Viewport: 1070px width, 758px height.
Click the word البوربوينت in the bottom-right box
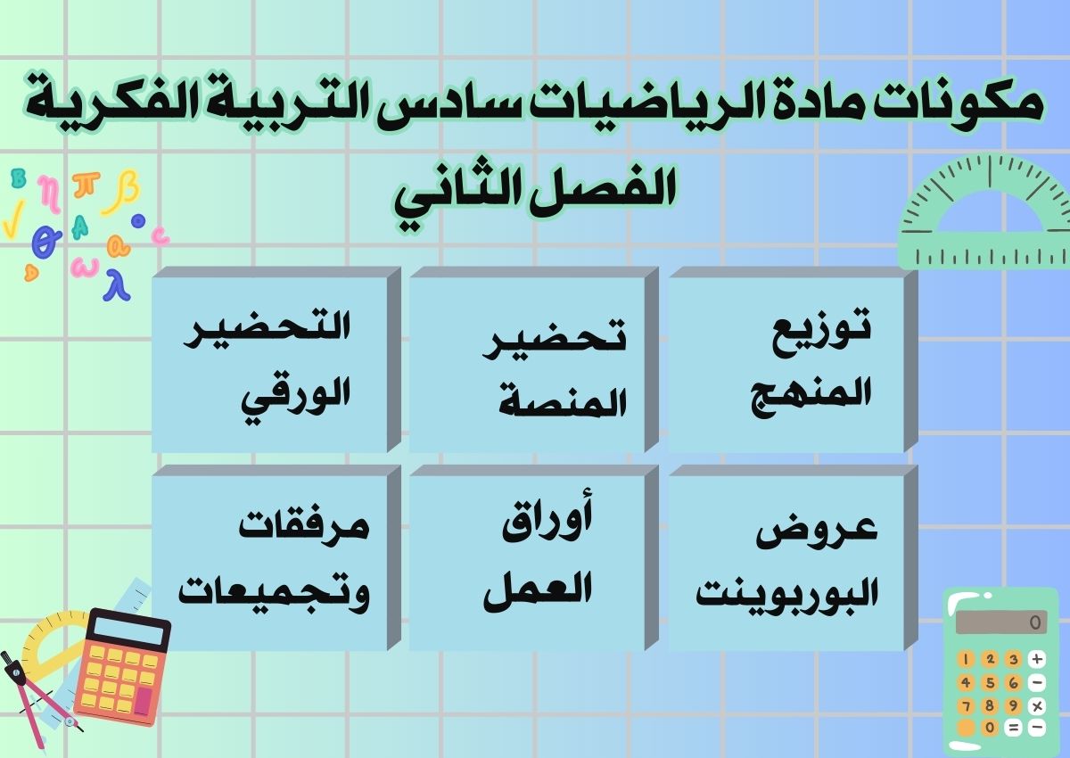(786, 593)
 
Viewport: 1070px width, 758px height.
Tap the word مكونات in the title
(968, 103)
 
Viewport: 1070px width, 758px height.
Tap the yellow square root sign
(12, 223)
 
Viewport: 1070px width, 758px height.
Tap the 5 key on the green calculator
(990, 682)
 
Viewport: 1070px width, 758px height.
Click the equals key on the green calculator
(1013, 728)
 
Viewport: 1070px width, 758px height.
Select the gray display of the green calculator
(1000, 622)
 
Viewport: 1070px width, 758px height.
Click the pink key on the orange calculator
(142, 701)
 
